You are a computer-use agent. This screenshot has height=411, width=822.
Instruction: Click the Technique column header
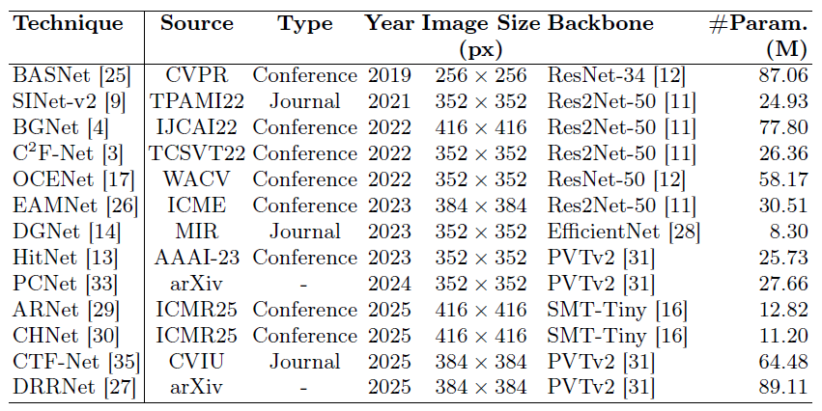pyautogui.click(x=69, y=24)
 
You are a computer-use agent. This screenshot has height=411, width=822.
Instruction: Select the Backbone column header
pyautogui.click(x=601, y=23)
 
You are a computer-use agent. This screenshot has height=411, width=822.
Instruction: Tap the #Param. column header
pyautogui.click(x=758, y=37)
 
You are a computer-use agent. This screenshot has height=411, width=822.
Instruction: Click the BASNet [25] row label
pyautogui.click(x=71, y=75)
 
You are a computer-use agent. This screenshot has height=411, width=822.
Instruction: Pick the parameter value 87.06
pyautogui.click(x=783, y=75)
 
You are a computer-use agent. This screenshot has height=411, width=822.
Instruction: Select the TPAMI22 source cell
pyautogui.click(x=197, y=101)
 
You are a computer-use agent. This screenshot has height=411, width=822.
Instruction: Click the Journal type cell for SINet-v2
pyautogui.click(x=304, y=101)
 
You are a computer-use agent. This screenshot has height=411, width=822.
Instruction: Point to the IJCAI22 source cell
pyautogui.click(x=197, y=127)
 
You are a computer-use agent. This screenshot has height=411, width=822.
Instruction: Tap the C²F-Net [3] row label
pyautogui.click(x=68, y=153)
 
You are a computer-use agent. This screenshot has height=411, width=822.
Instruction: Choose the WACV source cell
pyautogui.click(x=197, y=179)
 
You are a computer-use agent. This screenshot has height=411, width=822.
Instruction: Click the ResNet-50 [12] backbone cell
pyautogui.click(x=616, y=179)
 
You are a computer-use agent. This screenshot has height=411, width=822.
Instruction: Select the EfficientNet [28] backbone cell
pyautogui.click(x=624, y=232)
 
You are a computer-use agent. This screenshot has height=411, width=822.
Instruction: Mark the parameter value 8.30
pyautogui.click(x=789, y=232)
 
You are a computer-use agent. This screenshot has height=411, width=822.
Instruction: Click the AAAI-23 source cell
pyautogui.click(x=197, y=258)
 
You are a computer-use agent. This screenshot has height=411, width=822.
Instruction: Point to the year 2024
pyautogui.click(x=389, y=284)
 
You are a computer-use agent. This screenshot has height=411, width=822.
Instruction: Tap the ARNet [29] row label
pyautogui.click(x=66, y=310)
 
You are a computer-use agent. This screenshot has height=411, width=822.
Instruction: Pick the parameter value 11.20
pyautogui.click(x=783, y=336)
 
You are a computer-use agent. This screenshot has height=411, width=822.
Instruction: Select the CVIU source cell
pyautogui.click(x=197, y=362)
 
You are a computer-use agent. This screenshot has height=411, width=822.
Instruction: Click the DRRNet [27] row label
pyautogui.click(x=74, y=388)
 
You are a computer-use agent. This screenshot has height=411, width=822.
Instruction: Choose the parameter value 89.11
pyautogui.click(x=783, y=388)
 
